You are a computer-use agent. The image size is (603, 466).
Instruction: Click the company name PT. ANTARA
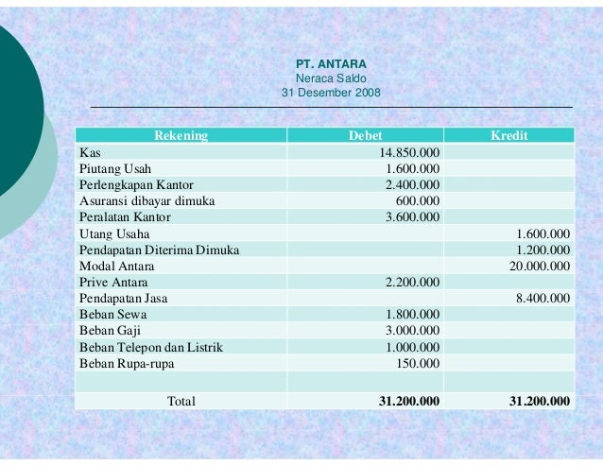331,64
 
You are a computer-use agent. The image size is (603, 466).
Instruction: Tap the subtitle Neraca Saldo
331,78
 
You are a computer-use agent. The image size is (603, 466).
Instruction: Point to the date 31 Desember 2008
331,93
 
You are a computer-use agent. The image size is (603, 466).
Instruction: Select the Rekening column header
181,136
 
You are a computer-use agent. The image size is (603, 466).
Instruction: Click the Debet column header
365,136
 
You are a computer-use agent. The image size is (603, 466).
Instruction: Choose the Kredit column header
508,136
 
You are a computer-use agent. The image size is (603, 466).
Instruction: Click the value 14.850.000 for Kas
409,152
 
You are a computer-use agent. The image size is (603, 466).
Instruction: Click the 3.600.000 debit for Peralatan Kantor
412,216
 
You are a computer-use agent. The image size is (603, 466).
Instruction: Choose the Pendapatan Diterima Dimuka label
159,250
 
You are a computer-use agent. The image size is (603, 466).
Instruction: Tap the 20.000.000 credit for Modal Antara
540,266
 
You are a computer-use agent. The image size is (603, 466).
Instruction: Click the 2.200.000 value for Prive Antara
412,282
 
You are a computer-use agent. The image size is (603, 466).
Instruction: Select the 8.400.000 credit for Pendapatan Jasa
543,298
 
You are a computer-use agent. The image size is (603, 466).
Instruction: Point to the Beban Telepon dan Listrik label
151,347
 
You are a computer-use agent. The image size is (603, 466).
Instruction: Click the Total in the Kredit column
539,401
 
